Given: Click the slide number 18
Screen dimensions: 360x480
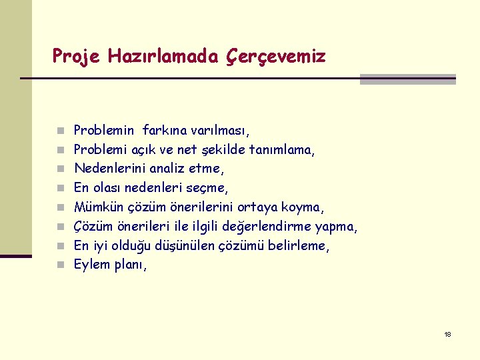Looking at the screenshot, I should [x=447, y=334].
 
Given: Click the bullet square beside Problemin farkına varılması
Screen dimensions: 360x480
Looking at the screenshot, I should [x=60, y=131].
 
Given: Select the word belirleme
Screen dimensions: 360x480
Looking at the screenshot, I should [x=299, y=246].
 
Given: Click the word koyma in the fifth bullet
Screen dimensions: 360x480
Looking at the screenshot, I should [x=303, y=207].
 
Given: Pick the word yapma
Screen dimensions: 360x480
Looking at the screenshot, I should [x=336, y=227].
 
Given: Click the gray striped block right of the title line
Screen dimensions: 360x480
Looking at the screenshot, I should [x=407, y=79].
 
